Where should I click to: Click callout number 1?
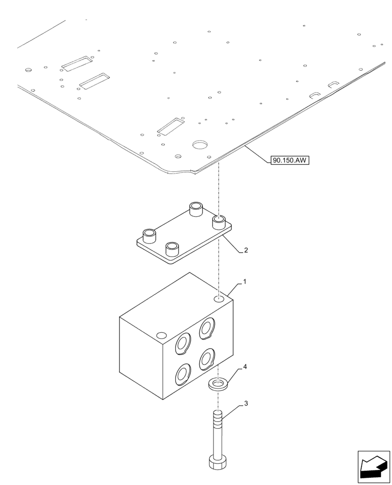(245, 282)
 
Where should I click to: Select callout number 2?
(246, 251)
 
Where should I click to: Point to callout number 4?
(245, 367)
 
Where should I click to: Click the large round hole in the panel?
(199, 145)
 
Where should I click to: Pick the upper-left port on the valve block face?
(184, 344)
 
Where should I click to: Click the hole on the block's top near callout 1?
(219, 299)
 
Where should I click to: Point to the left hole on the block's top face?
(161, 335)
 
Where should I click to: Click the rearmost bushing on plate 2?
(196, 209)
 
